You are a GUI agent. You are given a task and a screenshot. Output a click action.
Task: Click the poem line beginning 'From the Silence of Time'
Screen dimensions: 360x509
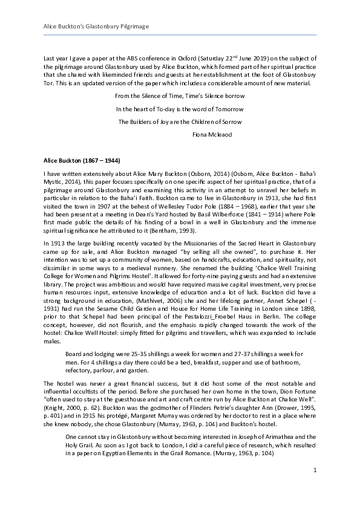[x=180, y=96]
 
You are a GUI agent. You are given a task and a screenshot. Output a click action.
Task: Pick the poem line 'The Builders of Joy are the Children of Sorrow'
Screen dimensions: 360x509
[x=180, y=122]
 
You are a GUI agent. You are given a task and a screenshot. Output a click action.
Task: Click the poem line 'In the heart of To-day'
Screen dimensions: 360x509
[x=180, y=109]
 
